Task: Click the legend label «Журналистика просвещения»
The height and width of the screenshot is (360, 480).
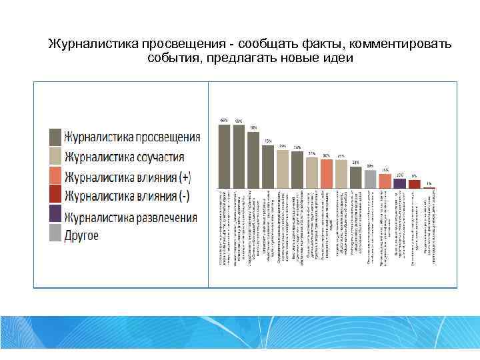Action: tap(132, 138)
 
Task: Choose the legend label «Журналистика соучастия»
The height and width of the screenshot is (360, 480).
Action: tap(124, 157)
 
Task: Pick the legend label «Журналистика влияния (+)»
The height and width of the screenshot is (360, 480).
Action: tap(127, 177)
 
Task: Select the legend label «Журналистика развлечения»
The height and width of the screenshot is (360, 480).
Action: tap(131, 217)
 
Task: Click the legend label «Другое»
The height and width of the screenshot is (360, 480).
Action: tap(81, 235)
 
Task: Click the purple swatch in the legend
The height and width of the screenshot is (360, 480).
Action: tap(55, 217)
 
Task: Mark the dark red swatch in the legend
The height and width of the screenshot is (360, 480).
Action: tap(55, 197)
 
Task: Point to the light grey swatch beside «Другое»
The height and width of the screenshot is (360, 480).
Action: tap(55, 235)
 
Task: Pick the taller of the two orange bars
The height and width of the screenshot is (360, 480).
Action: tap(326, 173)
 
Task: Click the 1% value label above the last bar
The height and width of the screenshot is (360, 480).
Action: tap(429, 183)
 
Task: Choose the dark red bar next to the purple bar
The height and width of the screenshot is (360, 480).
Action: tap(414, 184)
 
